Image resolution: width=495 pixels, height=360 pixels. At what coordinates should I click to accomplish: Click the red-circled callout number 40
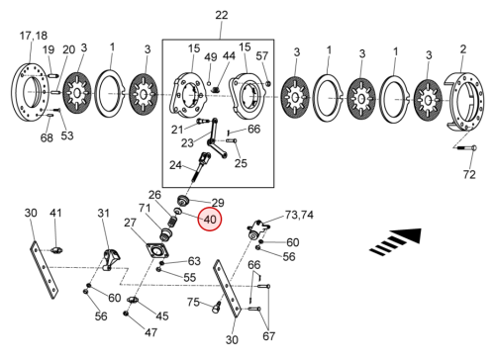click(210, 220)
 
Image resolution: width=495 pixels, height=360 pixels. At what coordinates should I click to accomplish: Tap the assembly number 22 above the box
click(222, 15)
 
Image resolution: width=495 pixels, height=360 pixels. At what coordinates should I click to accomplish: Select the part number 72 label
click(469, 174)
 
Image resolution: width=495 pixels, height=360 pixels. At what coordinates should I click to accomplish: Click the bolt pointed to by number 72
click(465, 148)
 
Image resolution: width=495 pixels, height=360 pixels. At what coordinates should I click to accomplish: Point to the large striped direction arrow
click(396, 241)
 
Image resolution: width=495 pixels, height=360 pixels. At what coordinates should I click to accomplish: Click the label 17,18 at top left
click(34, 36)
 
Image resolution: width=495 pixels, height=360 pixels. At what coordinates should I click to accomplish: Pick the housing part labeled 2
click(464, 101)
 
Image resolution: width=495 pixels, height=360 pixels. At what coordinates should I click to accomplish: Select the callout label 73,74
click(299, 215)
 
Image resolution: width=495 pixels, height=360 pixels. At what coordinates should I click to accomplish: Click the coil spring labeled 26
click(171, 221)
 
